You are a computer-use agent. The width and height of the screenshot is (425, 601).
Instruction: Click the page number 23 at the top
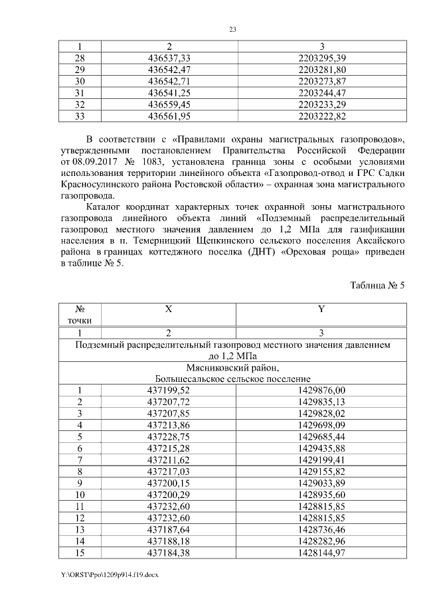coord(233,30)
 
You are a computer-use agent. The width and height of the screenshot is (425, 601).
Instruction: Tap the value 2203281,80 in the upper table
coord(322,70)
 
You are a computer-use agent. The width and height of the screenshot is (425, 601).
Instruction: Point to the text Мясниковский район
coord(232,368)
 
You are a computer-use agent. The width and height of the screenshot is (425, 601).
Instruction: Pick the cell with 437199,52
coord(169,390)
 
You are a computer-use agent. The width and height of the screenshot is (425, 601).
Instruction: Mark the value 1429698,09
coord(322,425)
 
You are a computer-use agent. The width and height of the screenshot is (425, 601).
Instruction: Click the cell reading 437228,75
coord(169,437)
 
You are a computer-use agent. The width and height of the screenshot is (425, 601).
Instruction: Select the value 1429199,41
coord(322,460)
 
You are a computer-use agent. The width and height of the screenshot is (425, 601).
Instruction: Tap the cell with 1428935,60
coord(322,495)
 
